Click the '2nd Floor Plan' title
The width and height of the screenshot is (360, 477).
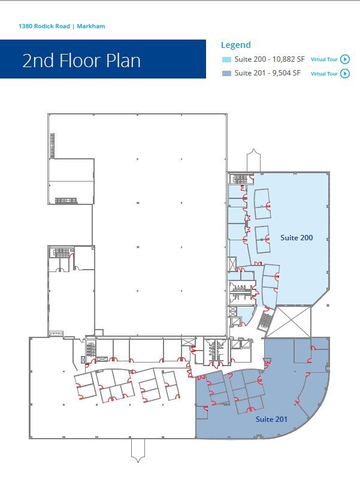tap(81, 61)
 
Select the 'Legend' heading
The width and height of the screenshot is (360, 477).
tap(236, 45)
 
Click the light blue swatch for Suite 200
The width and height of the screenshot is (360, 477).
tap(226, 59)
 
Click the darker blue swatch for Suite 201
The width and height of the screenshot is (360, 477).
tap(226, 73)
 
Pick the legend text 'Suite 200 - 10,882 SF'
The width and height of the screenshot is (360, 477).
tap(270, 59)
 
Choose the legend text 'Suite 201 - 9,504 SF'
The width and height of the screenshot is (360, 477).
tap(267, 73)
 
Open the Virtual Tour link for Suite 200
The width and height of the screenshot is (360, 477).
tap(329, 59)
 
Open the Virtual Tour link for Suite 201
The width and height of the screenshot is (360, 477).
tap(329, 74)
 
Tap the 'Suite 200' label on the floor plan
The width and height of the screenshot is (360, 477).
tap(297, 238)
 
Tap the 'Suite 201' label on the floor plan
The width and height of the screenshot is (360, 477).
tap(271, 419)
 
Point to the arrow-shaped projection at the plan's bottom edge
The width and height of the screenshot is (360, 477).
tap(138, 449)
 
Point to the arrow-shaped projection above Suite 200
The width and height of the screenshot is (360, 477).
tap(253, 161)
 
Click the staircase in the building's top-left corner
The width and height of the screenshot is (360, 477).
tap(52, 146)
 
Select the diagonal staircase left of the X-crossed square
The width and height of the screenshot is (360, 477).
tap(264, 321)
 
